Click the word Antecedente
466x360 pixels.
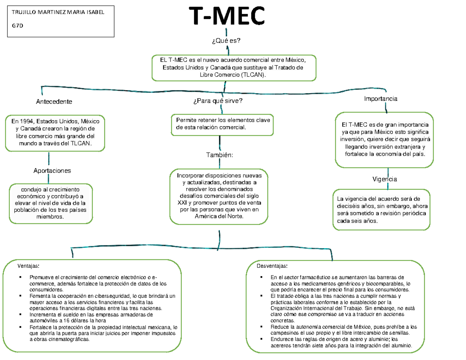[x=54, y=102]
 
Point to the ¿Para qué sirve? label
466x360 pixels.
[x=217, y=101]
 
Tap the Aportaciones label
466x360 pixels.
[x=52, y=170]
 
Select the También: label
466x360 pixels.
[x=219, y=155]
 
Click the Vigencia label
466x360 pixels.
[x=384, y=179]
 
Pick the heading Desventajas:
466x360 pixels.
[x=272, y=266]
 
